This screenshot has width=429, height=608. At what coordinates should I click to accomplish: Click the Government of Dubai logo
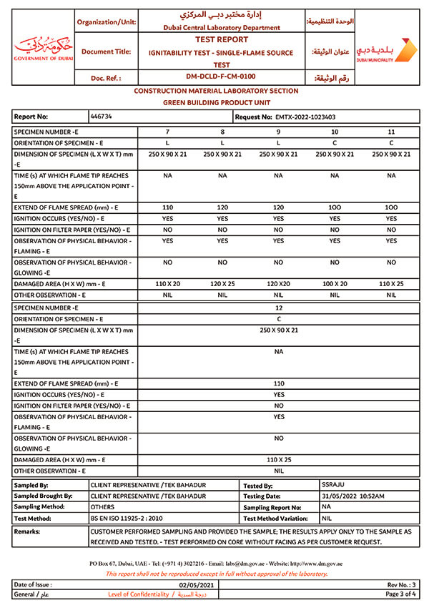tap(43, 46)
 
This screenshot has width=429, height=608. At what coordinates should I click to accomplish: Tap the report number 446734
tap(102, 116)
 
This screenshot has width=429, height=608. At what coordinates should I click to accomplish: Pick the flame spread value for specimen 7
tap(167, 206)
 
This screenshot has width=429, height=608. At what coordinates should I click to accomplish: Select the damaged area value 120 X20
tap(278, 284)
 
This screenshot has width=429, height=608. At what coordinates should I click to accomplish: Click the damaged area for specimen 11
tap(391, 284)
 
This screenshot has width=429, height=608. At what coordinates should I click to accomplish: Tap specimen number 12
tap(279, 308)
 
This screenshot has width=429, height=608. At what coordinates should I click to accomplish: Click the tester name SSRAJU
tap(334, 485)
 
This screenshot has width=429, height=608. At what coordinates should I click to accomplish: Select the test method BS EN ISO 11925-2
tap(127, 517)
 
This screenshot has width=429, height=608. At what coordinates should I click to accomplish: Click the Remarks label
tap(27, 531)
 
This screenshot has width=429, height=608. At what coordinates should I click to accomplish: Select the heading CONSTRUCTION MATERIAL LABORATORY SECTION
tap(216, 92)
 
